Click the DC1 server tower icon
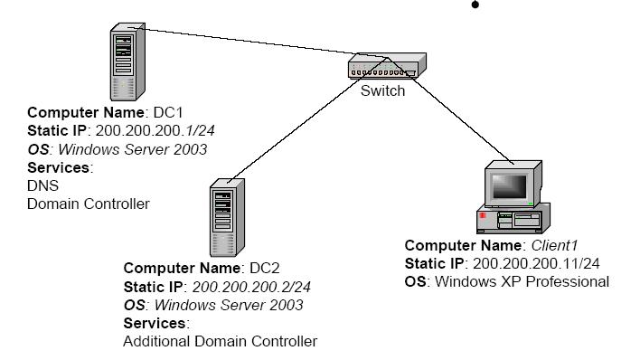coord(127,62)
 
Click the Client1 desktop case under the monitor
coord(512,220)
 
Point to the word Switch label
coord(382,91)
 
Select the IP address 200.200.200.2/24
coord(246,287)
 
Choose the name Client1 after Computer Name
coord(552,245)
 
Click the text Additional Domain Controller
coord(220,341)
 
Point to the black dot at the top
coord(475,5)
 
